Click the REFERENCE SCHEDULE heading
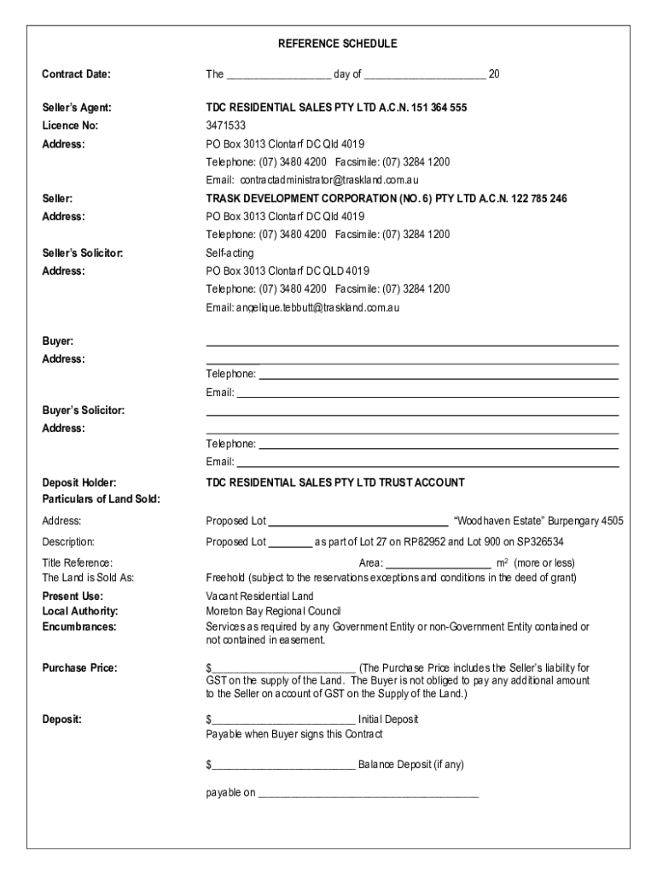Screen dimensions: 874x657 point(336,44)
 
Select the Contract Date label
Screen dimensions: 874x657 point(76,74)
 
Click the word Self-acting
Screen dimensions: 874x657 point(230,253)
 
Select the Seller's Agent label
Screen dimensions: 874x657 point(76,108)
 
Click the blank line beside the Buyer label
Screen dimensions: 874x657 point(411,344)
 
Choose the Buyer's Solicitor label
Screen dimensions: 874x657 point(84,411)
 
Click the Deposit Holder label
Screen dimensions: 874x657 point(79,482)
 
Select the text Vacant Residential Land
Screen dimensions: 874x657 point(259,596)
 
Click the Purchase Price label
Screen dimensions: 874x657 point(79,667)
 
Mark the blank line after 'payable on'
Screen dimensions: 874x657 point(368,795)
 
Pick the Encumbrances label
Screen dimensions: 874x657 point(79,626)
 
